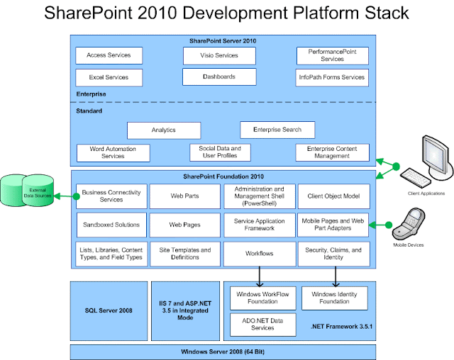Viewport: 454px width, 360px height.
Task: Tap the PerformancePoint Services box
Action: (332, 55)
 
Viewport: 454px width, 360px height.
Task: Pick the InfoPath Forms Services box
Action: (332, 77)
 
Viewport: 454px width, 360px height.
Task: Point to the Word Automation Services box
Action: (113, 152)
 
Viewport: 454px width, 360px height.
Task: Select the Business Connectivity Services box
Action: (111, 196)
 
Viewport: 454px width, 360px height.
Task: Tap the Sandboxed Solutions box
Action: (111, 225)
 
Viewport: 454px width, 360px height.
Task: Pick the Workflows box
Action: (259, 253)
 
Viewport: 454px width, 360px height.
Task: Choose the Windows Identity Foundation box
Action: (333, 298)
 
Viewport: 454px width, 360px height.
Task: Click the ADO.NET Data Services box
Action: (259, 323)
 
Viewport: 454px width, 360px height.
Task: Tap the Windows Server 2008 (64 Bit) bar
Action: (223, 352)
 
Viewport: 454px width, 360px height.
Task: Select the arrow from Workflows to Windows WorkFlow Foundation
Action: (259, 275)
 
